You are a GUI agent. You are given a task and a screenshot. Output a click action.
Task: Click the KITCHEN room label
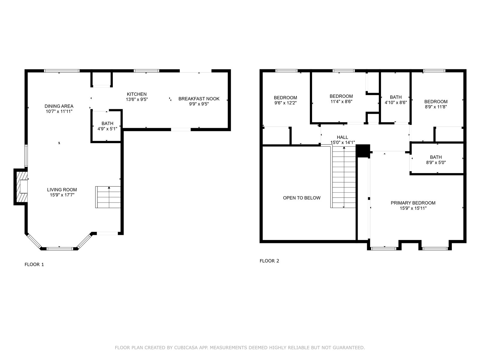(137, 94)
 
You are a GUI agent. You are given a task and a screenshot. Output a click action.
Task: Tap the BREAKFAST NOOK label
(199, 99)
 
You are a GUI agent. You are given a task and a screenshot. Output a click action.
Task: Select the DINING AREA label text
(59, 106)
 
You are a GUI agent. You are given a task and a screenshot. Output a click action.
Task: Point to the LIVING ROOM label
(62, 190)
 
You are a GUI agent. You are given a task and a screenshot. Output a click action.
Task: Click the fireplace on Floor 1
(21, 187)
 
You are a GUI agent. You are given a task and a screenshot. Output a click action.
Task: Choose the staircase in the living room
(108, 197)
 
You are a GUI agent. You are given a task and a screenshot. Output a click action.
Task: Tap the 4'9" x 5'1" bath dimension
(107, 129)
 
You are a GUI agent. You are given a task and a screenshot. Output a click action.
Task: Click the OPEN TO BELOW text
(301, 198)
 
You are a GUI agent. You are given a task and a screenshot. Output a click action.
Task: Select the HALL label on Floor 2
(343, 137)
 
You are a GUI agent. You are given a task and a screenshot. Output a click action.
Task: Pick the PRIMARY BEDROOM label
(413, 203)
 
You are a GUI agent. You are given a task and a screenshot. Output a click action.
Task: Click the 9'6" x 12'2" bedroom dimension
(285, 103)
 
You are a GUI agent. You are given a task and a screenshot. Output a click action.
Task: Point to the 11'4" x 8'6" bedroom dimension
(341, 102)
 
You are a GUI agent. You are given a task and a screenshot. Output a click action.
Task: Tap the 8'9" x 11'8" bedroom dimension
(436, 107)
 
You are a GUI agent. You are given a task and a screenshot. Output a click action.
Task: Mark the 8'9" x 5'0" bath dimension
(436, 163)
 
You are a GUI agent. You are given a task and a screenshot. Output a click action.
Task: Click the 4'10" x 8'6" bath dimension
(396, 103)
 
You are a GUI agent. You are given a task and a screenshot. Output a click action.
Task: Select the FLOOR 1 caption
(34, 265)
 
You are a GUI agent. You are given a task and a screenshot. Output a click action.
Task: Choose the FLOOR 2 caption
(269, 261)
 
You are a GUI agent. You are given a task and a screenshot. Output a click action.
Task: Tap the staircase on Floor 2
(344, 177)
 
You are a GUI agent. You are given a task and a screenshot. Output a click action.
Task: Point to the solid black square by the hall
(363, 151)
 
